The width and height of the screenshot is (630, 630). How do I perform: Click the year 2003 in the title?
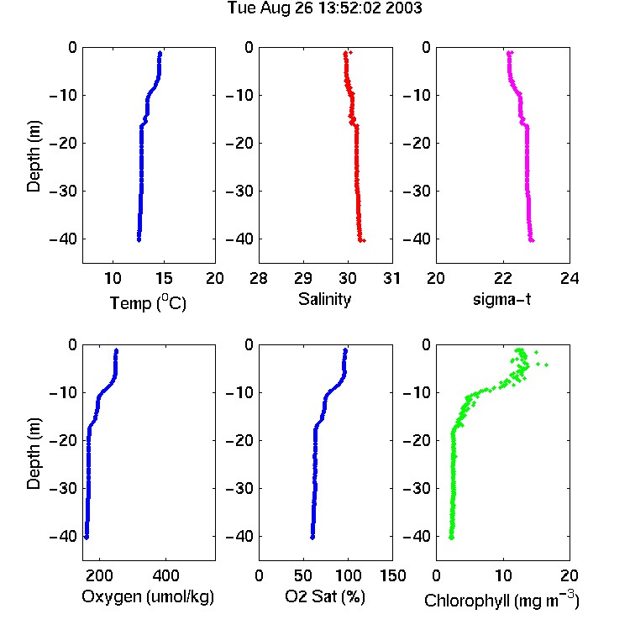coord(404,8)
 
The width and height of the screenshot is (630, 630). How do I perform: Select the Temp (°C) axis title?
coord(148,302)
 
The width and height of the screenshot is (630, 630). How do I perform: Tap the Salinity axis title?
coord(324,299)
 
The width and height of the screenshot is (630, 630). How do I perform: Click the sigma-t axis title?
coord(502,299)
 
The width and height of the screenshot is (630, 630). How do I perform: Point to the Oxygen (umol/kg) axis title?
coord(148,596)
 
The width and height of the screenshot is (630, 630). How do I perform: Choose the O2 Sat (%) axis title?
coord(325,596)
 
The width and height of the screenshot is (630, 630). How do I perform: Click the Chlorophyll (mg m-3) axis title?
coord(501,601)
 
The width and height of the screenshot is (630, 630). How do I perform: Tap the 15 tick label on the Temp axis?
coord(164,278)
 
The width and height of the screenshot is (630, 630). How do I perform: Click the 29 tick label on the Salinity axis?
coord(303,278)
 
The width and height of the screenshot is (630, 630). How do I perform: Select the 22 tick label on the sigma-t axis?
coord(502,278)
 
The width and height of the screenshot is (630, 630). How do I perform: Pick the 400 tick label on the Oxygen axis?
coord(165,575)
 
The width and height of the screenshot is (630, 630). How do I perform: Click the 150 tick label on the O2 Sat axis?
coord(392,575)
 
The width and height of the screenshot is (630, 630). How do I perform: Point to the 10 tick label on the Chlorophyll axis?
coord(502,575)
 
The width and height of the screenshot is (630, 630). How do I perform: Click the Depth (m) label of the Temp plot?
coord(34,156)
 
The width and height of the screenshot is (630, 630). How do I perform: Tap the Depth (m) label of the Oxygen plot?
coord(34,454)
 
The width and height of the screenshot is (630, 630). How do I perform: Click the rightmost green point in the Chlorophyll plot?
coord(546,365)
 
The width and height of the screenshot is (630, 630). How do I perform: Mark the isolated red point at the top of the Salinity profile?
coord(351,53)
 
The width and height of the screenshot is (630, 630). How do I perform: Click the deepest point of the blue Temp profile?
coord(139,240)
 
